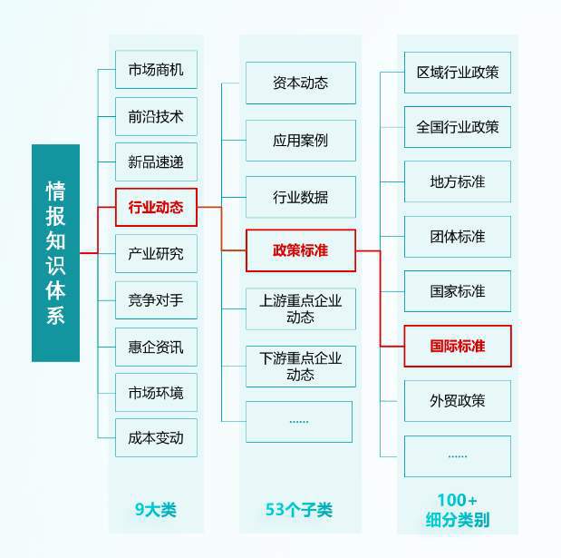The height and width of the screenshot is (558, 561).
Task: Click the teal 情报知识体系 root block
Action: click(55, 253)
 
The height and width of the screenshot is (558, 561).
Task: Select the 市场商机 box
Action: click(156, 70)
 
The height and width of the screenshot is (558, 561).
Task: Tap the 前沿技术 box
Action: click(156, 116)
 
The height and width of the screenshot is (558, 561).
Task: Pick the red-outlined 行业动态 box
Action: click(156, 208)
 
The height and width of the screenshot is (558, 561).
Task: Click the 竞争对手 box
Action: click(156, 300)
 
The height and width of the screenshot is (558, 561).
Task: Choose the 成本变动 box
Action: click(156, 437)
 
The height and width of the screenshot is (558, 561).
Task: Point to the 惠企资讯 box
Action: click(156, 347)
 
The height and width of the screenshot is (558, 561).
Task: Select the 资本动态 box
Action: click(301, 83)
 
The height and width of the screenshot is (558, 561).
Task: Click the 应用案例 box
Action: click(301, 141)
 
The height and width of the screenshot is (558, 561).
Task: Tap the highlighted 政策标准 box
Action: click(301, 250)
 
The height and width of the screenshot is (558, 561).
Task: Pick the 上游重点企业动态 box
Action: click(301, 308)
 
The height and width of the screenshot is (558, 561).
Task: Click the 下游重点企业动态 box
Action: click(301, 367)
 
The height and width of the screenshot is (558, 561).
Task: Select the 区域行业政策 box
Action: click(458, 73)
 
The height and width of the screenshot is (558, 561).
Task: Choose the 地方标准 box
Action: click(458, 181)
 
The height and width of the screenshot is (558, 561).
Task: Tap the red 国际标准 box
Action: click(458, 346)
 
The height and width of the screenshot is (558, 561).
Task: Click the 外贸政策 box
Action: click(458, 401)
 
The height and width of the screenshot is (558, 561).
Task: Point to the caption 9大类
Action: click(156, 509)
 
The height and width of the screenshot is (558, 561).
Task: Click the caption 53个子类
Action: click(299, 509)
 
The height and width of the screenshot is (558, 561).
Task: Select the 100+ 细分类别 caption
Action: click(458, 510)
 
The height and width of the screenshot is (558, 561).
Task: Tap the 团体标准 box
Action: click(458, 237)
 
